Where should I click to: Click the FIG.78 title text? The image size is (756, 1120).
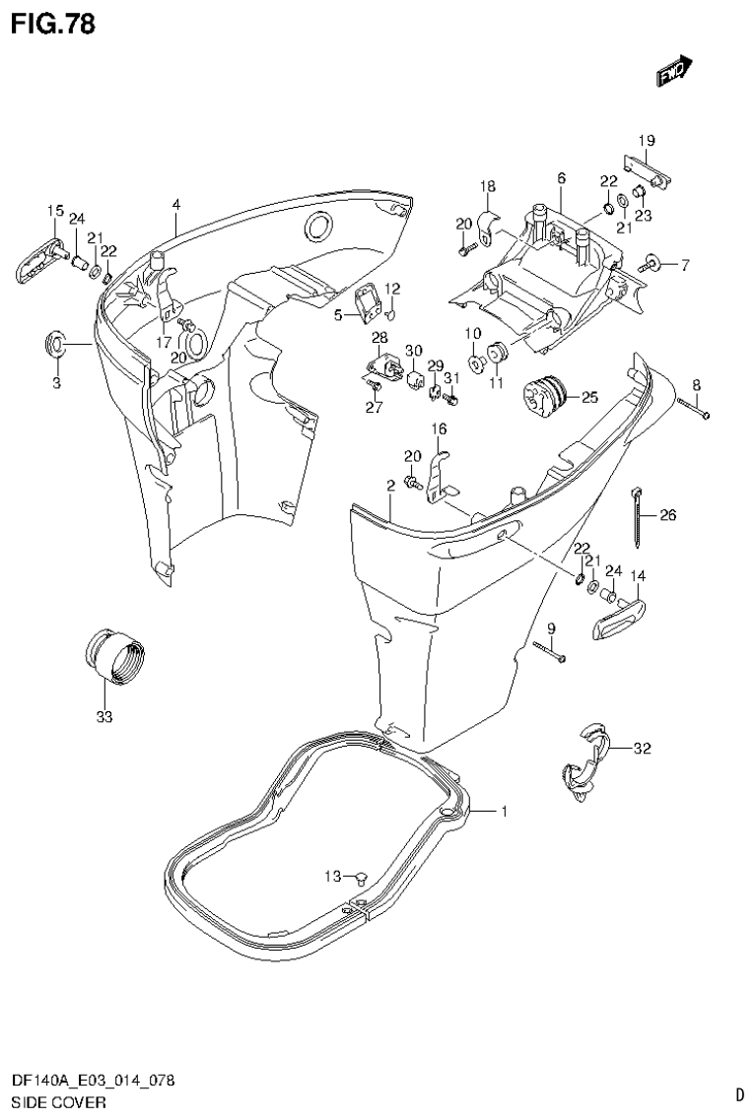coord(53,24)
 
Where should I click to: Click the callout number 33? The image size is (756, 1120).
coord(104,717)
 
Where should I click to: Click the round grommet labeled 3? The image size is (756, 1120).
coord(56,344)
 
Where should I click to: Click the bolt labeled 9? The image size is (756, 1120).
coord(550,651)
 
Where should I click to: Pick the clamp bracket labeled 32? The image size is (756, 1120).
coord(584,757)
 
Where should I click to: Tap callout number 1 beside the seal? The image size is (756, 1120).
coord(503,812)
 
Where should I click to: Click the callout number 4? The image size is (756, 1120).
coord(175,204)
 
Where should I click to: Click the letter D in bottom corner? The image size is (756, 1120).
coord(738,1094)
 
